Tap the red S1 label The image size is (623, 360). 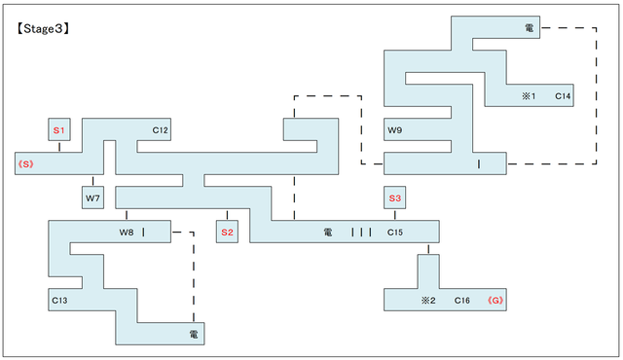pos(58,129)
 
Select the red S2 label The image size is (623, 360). pos(227,233)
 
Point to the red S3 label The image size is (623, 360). pos(394,198)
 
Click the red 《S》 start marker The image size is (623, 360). pos(25,163)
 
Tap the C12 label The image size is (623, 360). pos(161,129)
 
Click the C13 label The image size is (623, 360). pos(59,301)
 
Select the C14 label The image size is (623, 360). pos(563,96)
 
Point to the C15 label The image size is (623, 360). pos(394,233)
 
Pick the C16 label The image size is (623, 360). pos(462,301)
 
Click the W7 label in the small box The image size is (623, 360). pos(92,198)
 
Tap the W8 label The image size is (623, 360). pos(127,233)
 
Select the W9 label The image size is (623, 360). pos(394,129)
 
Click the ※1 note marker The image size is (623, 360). pos(529,96)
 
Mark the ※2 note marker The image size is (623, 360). pos(427,301)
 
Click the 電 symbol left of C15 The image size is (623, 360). pos(328,233)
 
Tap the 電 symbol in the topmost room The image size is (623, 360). pos(530,28)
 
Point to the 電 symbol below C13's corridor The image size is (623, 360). pos(194,335)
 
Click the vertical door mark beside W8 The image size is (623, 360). pos(143,233)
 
